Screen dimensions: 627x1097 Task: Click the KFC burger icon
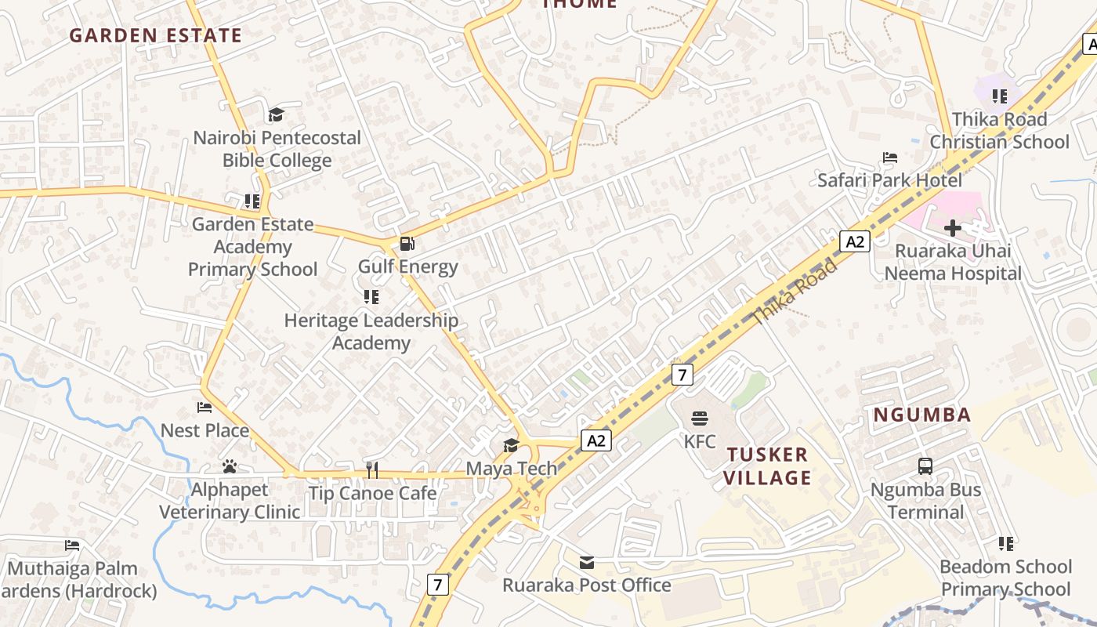[700, 419]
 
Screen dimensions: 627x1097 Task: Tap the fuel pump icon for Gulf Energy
[407, 244]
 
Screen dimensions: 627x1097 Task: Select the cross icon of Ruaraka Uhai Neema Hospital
[953, 228]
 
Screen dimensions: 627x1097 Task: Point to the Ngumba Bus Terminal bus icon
[925, 466]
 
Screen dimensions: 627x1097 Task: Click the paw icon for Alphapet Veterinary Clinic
[230, 467]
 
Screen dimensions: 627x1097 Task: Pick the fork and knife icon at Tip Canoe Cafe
[372, 470]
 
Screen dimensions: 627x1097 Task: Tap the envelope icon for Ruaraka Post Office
[587, 562]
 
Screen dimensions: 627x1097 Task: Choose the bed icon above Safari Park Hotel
[889, 158]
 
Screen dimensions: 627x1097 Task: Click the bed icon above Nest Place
[205, 408]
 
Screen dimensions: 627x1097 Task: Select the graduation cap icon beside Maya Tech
[511, 446]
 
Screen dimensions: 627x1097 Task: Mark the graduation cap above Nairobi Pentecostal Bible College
[276, 115]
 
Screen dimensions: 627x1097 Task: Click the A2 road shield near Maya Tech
[596, 440]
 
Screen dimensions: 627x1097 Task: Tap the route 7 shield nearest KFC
[682, 375]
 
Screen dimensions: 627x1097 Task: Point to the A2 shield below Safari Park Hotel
[855, 241]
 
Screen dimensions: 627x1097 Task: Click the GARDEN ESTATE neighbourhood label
[155, 35]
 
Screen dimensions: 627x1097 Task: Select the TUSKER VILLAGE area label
[767, 466]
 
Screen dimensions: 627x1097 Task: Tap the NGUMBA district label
[922, 415]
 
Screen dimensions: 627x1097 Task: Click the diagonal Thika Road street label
[795, 292]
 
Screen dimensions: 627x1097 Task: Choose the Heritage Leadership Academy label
[371, 332]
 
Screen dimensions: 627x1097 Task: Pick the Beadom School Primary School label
[1005, 578]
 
